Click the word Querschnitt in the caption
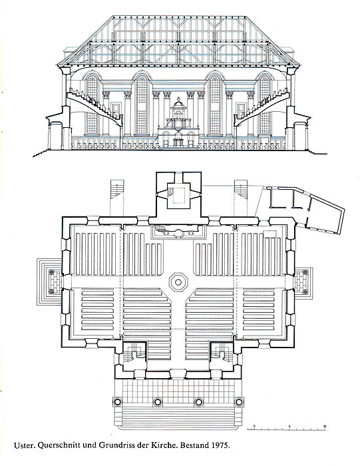click(x=56, y=445)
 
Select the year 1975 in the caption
click(x=220, y=445)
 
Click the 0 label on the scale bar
click(x=255, y=426)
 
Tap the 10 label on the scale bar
click(x=325, y=426)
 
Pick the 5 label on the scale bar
click(x=289, y=426)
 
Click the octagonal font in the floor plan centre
click(x=178, y=282)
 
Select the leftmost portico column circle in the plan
click(x=117, y=402)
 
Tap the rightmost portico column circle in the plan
click(x=238, y=402)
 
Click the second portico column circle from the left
click(x=158, y=402)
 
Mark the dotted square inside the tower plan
click(x=178, y=196)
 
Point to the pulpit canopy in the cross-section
click(x=178, y=104)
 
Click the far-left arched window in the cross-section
click(x=92, y=104)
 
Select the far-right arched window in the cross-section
click(x=264, y=104)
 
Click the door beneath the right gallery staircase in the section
click(x=241, y=111)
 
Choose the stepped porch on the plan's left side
click(x=49, y=282)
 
